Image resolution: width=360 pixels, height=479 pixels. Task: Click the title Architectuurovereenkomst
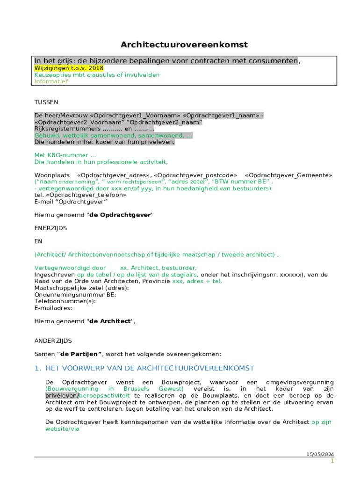click(x=184, y=45)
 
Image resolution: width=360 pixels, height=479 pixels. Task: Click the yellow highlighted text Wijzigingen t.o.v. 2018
click(x=69, y=68)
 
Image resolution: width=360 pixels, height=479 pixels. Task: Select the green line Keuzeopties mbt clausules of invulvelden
click(x=97, y=75)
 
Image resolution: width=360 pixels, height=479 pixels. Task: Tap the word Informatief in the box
click(x=51, y=81)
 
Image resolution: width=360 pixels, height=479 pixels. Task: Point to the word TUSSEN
click(x=46, y=102)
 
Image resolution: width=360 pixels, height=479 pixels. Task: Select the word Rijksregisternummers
click(x=67, y=129)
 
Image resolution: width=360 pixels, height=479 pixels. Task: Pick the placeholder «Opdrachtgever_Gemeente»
click(x=288, y=175)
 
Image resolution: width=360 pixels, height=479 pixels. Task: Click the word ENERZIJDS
click(x=50, y=228)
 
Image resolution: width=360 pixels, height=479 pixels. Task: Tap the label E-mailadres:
click(x=53, y=308)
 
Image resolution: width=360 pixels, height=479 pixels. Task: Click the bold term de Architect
click(x=110, y=321)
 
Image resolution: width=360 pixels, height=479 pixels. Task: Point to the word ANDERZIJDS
click(x=53, y=341)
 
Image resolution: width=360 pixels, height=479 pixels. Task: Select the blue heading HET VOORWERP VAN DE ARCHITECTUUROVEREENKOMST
click(x=150, y=369)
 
